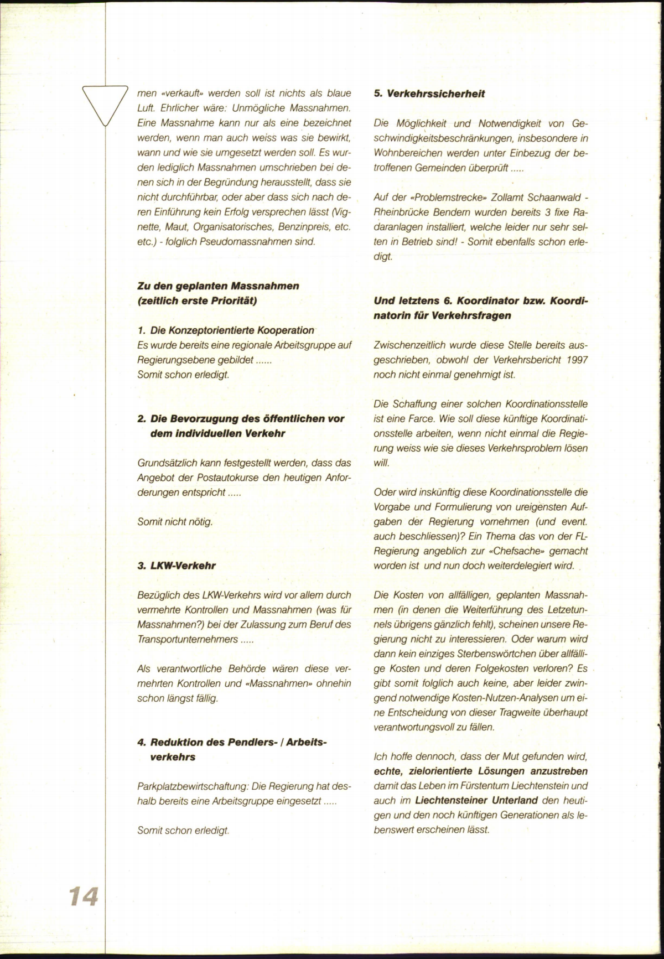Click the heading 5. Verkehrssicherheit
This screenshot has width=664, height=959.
tap(429, 94)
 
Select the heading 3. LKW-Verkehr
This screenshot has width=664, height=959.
tap(177, 566)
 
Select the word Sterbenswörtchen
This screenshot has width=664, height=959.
tap(479, 654)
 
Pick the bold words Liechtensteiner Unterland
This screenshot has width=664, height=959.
tap(476, 800)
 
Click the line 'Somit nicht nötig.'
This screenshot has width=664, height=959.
tap(175, 521)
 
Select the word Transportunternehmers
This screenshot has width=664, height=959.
tap(188, 639)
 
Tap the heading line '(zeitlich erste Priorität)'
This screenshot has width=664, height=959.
tap(198, 300)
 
